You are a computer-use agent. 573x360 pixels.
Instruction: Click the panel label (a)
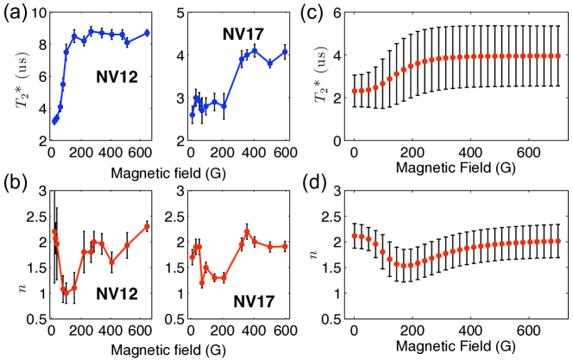point(12,15)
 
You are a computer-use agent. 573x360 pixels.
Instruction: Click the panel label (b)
point(12,193)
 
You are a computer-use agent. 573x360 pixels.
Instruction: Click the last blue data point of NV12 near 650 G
point(148,33)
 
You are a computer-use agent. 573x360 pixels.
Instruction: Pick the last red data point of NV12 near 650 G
point(148,226)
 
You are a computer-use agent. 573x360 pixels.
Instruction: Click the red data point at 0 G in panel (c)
point(354,91)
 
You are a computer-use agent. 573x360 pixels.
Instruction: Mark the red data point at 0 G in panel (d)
point(354,236)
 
